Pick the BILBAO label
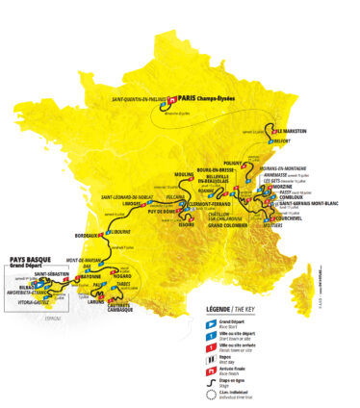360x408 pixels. [x=19, y=287]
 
